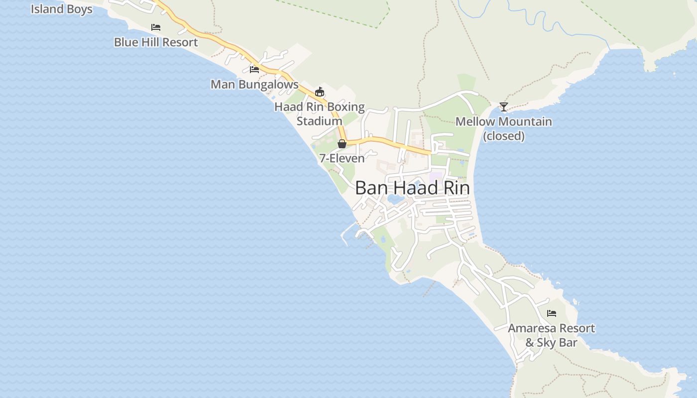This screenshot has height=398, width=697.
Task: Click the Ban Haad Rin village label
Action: (x=412, y=188)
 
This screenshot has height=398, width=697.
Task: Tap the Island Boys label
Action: (x=62, y=9)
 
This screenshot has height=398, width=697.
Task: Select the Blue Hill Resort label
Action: (x=156, y=42)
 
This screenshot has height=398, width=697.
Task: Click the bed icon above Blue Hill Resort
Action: (x=156, y=27)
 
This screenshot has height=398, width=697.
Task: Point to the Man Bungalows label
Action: (x=254, y=85)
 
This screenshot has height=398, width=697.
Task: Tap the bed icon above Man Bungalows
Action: (x=254, y=69)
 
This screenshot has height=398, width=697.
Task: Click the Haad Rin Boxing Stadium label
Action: (x=320, y=114)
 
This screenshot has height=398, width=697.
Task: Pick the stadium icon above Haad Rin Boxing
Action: (x=320, y=92)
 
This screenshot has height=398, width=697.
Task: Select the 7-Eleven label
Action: (x=342, y=158)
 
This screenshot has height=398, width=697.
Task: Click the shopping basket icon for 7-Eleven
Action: (x=342, y=144)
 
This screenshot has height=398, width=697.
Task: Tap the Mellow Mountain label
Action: (x=504, y=122)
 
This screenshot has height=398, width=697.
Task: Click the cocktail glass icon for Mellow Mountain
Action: (x=504, y=107)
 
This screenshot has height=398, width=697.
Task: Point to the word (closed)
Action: (x=504, y=136)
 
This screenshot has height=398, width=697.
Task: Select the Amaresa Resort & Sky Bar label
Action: (x=551, y=335)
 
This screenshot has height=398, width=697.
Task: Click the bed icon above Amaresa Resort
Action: (x=551, y=313)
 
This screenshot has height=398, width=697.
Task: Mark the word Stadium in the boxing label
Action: (x=320, y=121)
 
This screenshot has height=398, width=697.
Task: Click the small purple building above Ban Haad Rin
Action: (x=435, y=176)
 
